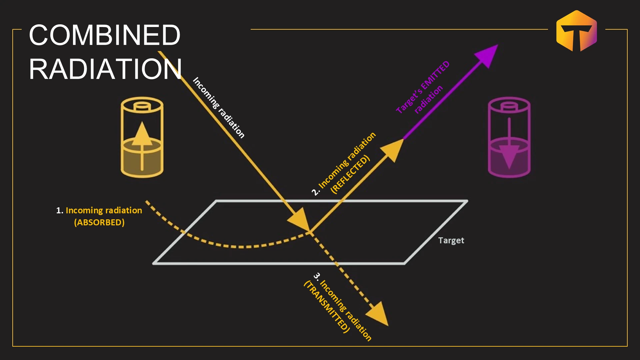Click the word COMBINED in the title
(105, 35)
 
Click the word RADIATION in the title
(105, 69)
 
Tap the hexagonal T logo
(577, 31)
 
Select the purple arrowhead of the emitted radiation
(487, 56)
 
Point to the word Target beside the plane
(451, 240)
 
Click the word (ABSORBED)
(99, 222)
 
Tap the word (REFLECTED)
(350, 174)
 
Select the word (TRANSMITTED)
(327, 307)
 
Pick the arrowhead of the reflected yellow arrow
(393, 150)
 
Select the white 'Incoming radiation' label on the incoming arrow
(219, 108)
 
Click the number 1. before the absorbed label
(60, 211)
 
